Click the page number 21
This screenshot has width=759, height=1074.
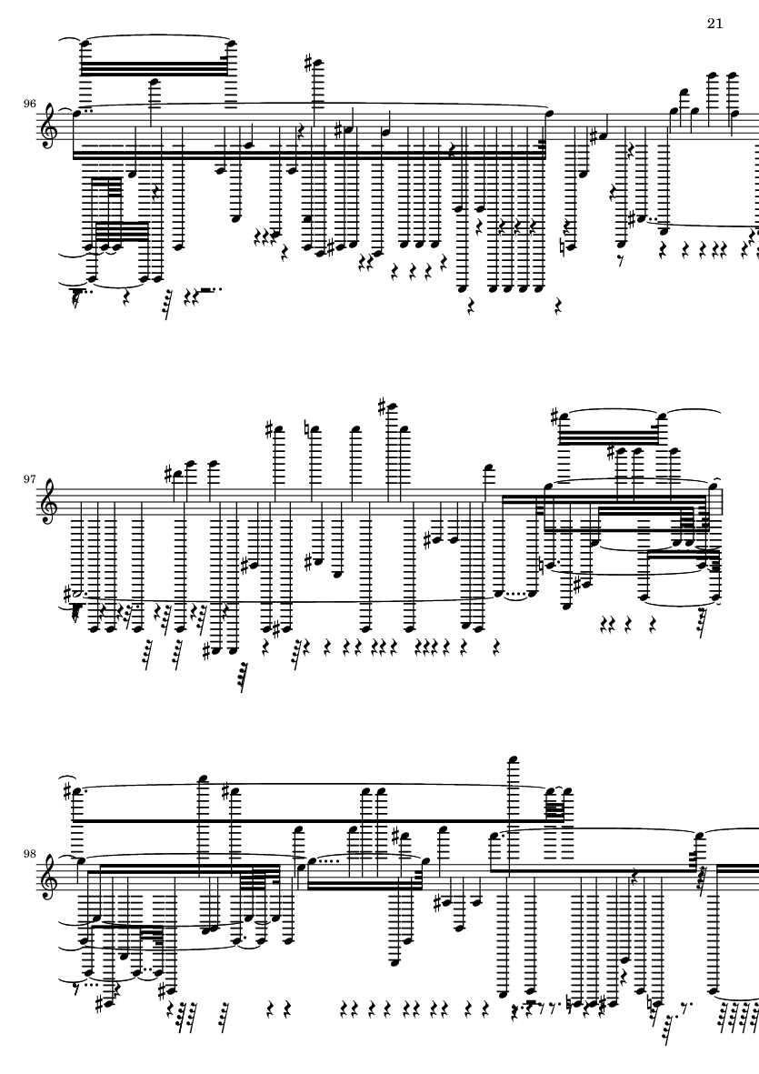pos(714,24)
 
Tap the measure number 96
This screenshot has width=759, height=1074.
pos(30,104)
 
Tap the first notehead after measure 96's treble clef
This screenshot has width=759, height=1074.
pos(77,114)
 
